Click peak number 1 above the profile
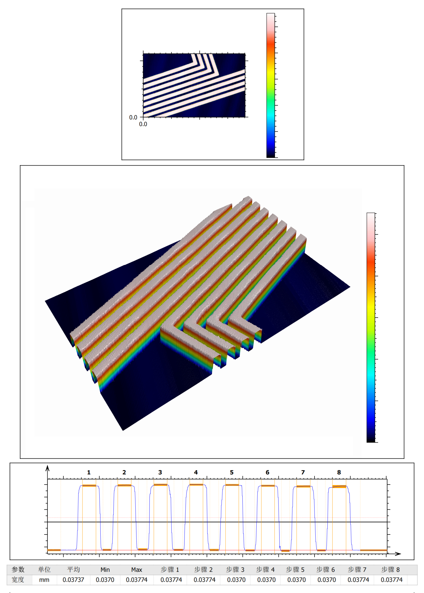point(89,472)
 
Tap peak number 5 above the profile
point(232,472)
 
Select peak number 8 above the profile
point(339,472)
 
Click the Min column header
point(105,569)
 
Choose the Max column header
point(137,569)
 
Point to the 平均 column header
point(73,569)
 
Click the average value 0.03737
point(73,580)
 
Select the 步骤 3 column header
point(235,569)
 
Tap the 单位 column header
point(44,569)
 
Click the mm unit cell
point(44,580)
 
